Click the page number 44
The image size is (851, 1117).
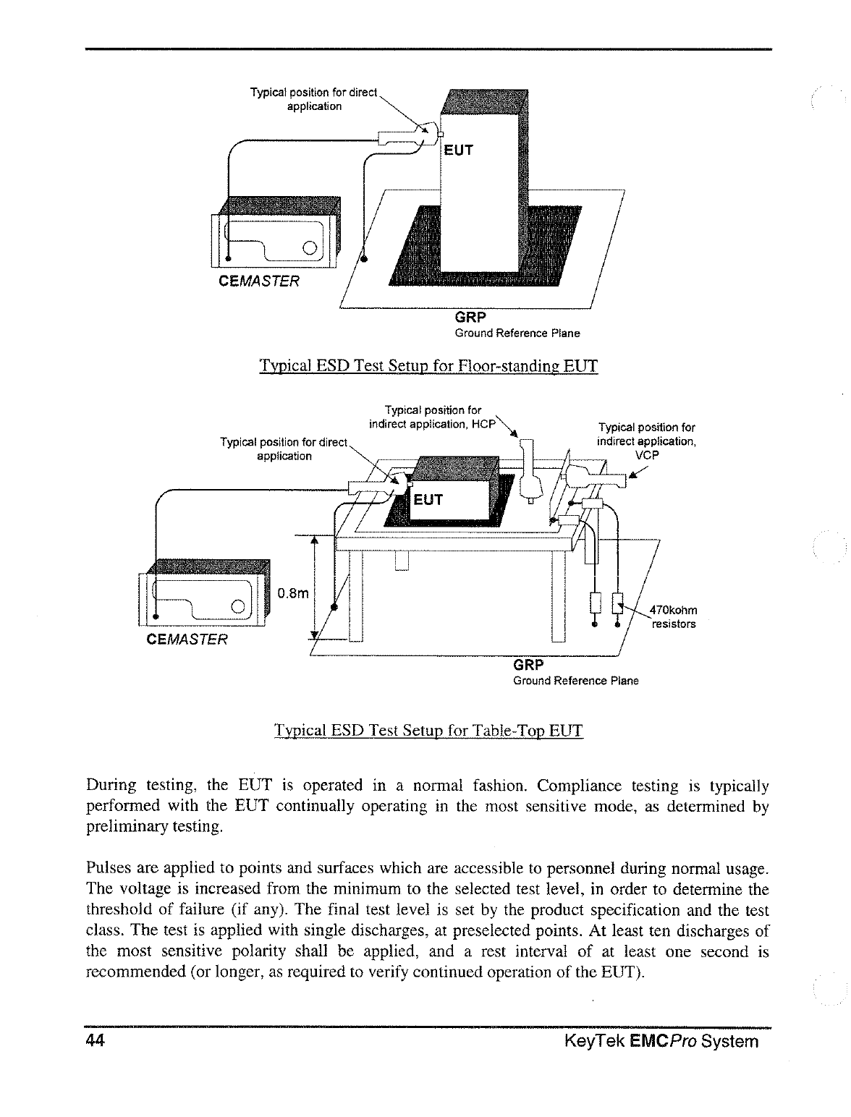tap(96, 1040)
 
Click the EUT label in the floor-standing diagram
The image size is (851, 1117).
tap(458, 150)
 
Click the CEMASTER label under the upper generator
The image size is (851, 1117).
tap(258, 281)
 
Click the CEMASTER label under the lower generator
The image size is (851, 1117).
tap(187, 640)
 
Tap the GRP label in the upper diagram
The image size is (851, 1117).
tap(470, 318)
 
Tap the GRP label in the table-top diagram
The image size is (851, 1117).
tap(528, 665)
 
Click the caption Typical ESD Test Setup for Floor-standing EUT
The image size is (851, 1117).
tap(428, 365)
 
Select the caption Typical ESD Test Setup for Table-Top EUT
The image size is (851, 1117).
tap(428, 730)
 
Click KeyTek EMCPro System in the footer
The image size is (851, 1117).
tap(661, 1041)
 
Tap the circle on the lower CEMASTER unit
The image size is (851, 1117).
tap(237, 607)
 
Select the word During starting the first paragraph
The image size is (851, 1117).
tap(110, 786)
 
